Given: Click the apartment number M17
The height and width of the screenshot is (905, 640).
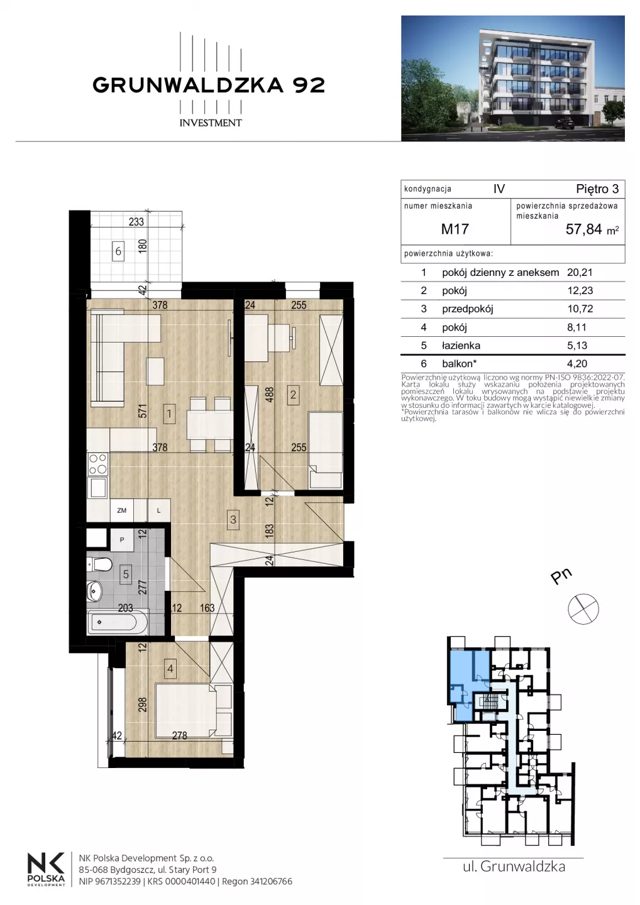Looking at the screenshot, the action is coord(455,229).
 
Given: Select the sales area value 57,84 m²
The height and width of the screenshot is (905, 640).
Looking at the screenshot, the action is coord(592,229).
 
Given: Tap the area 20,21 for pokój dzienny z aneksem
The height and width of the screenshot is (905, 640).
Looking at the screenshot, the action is coord(580,272).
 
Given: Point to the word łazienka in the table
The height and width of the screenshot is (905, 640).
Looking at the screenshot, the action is coord(461,346).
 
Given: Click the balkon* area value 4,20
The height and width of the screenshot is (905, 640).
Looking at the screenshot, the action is coord(577,364).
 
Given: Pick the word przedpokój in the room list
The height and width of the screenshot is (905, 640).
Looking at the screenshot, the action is coord(468,309).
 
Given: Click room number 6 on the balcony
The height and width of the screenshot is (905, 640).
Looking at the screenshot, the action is coord(118,251).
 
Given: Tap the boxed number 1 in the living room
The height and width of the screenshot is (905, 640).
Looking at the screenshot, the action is coord(169,414).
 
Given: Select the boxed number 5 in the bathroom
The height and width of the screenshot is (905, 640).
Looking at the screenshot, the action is coord(126,574).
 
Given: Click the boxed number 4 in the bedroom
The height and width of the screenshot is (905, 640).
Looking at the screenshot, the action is coord(170,669).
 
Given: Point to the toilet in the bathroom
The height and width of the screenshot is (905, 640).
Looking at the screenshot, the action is coord(99,564).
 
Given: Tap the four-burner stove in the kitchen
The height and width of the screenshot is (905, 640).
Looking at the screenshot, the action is coord(97,464).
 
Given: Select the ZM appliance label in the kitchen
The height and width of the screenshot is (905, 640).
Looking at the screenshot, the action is coord(121,510).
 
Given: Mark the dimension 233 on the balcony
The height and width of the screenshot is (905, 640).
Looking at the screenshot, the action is coord(136,222).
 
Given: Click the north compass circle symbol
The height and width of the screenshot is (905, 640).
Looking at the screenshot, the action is coord(583,609).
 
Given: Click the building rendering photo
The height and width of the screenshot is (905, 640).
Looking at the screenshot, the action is coord(513,79).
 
